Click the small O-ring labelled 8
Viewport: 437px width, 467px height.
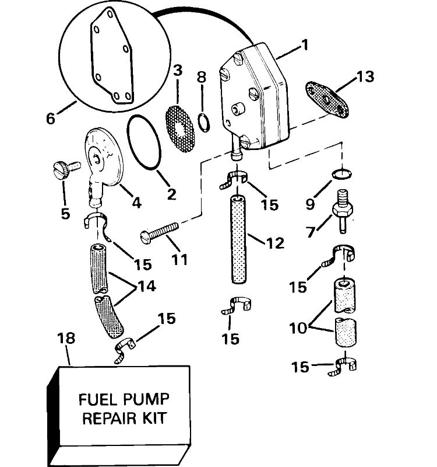pyautogui.click(x=203, y=122)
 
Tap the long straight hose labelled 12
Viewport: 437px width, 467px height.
pyautogui.click(x=239, y=239)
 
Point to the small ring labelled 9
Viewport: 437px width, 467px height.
pyautogui.click(x=341, y=173)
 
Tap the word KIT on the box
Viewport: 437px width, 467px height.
pyautogui.click(x=154, y=418)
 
